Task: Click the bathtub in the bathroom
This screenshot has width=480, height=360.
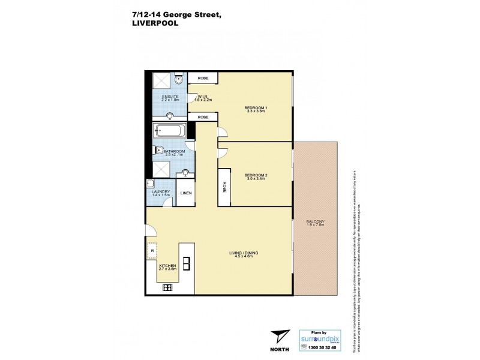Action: [x=170, y=131]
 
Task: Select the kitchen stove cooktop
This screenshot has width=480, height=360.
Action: [x=167, y=288]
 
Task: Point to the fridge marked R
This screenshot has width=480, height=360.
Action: [x=152, y=251]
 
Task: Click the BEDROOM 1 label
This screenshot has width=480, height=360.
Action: [x=256, y=109]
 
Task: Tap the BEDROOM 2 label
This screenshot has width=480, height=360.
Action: [x=256, y=176]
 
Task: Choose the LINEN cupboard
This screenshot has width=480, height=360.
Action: [x=186, y=193]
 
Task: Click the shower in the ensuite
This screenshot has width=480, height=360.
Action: [x=161, y=81]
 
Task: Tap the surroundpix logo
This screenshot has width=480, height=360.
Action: [x=319, y=338]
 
